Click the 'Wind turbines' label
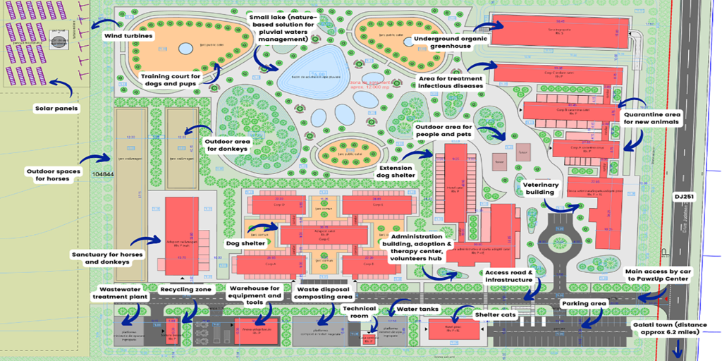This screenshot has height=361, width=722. (130, 35)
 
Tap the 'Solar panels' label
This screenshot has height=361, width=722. (56, 109)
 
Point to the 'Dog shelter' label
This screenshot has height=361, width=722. (245, 243)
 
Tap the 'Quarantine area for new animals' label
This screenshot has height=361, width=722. (651, 117)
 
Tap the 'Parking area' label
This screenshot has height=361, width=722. (583, 304)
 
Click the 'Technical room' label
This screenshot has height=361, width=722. (359, 312)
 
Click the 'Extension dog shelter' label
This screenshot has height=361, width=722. (397, 172)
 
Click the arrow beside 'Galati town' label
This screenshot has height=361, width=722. (679, 348)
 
